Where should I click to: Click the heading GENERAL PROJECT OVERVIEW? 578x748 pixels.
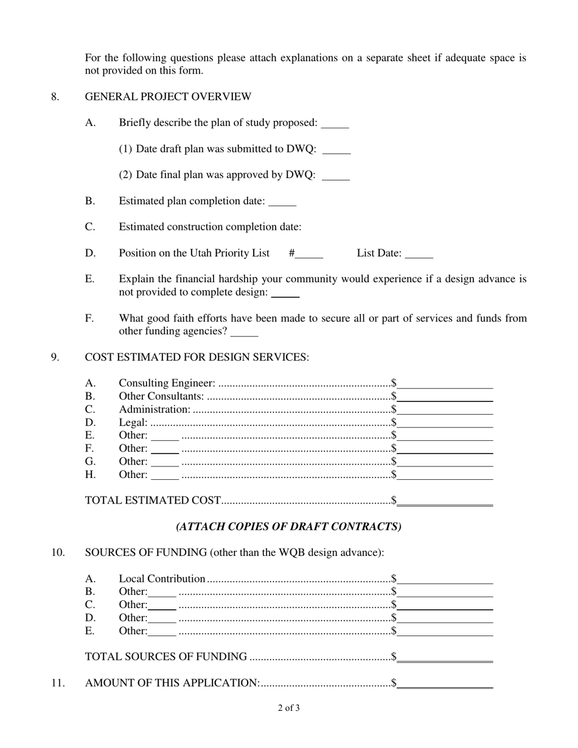tap(168, 97)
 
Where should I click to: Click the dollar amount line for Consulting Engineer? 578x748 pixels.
tap(445, 385)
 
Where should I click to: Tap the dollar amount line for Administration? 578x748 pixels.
tap(445, 411)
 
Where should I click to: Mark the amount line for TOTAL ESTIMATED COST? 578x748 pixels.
tap(445, 502)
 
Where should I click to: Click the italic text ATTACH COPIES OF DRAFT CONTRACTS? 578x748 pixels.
tap(288, 527)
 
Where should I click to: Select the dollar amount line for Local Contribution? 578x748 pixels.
tap(445, 581)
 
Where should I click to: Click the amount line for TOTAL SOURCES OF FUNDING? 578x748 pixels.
tap(445, 659)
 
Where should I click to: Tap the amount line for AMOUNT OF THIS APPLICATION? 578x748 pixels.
tap(445, 685)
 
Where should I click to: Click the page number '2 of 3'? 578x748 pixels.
tap(288, 708)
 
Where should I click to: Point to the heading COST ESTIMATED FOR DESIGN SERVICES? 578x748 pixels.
tap(197, 357)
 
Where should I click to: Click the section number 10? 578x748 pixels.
tap(58, 553)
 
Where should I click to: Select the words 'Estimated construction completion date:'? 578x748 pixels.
tap(210, 227)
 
